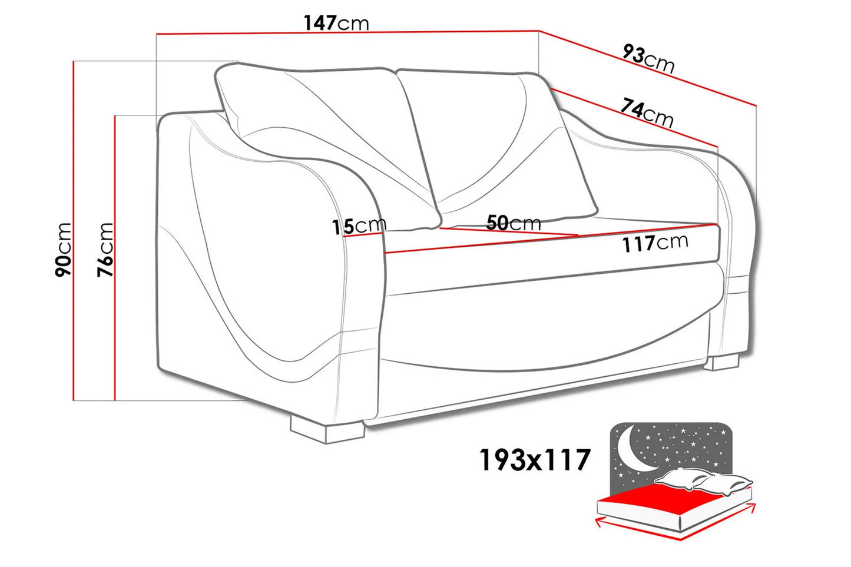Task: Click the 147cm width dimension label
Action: (336, 23)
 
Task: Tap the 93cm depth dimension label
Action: (649, 58)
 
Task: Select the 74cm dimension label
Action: (647, 112)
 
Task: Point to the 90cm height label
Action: (63, 250)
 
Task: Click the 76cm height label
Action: (105, 250)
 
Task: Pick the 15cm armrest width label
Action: (359, 226)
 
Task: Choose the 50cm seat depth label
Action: (514, 223)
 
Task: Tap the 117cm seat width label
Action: (655, 243)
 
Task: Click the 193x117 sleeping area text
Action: (535, 459)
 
